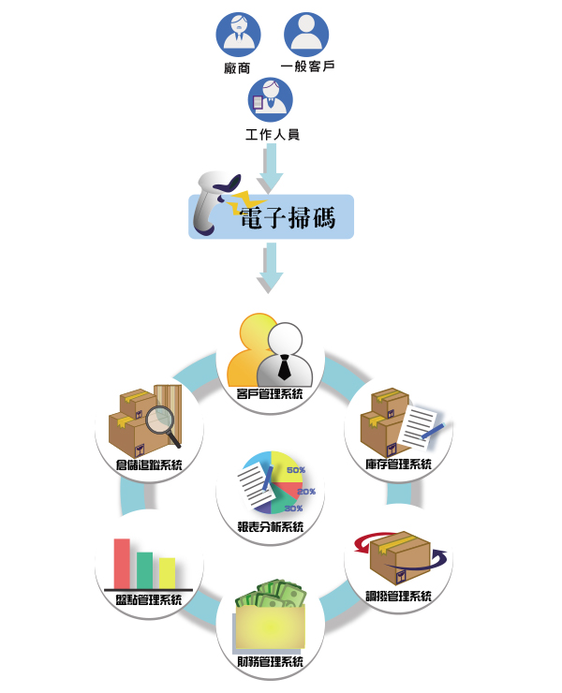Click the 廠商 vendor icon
click(239, 32)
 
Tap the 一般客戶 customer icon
click(306, 32)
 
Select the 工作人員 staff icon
click(271, 99)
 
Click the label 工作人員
click(272, 135)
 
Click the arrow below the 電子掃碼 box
click(271, 267)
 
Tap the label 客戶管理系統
click(271, 394)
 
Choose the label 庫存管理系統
click(399, 464)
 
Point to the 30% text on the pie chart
click(292, 508)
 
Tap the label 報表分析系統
click(271, 527)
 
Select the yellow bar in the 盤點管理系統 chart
click(167, 571)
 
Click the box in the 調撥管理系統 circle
click(399, 558)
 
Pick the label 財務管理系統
click(271, 663)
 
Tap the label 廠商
click(238, 67)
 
